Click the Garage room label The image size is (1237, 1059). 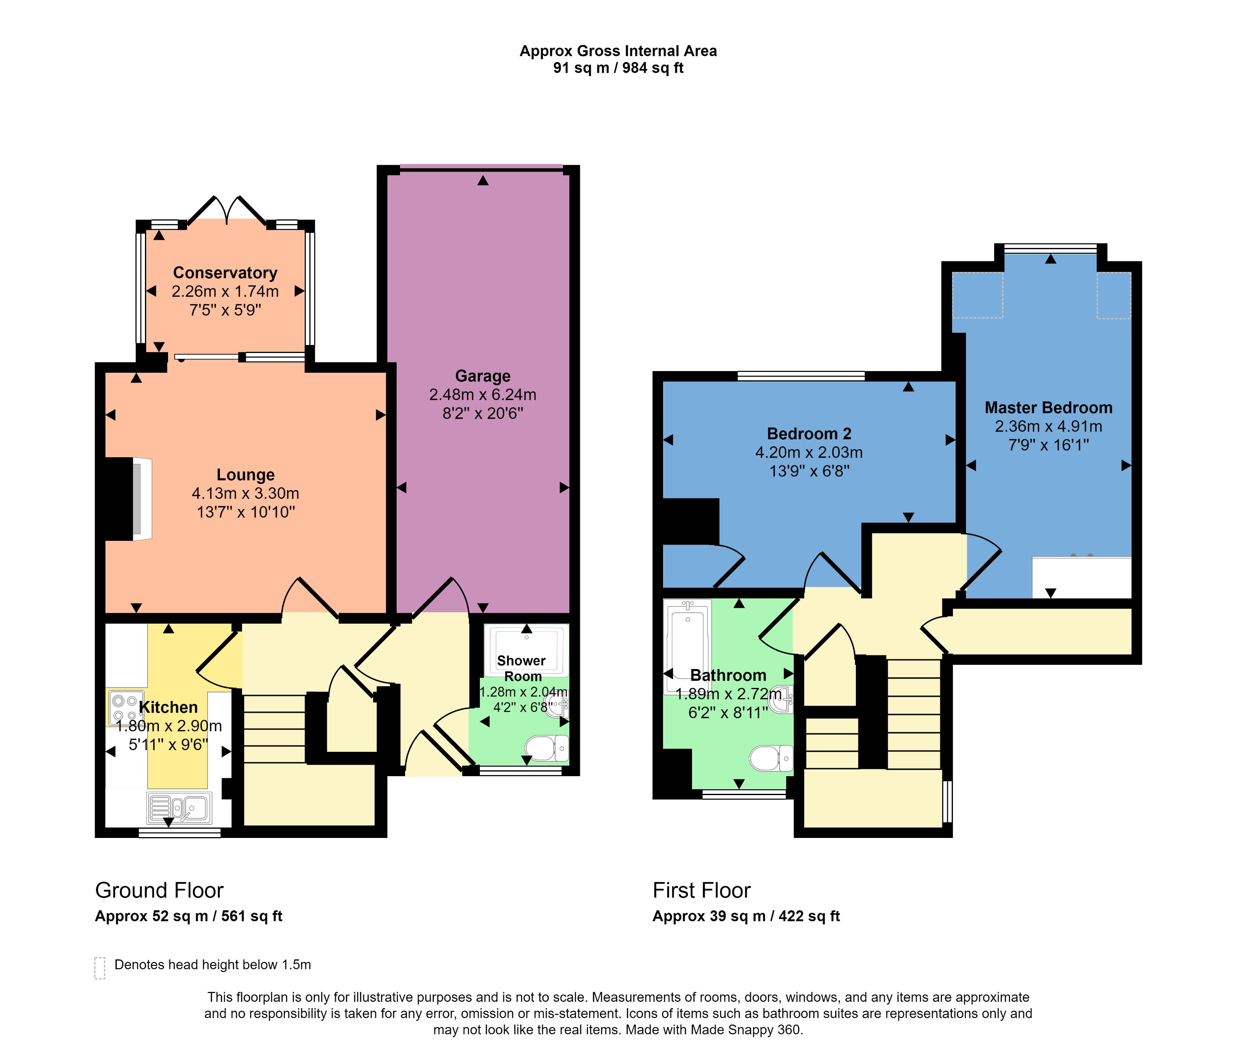tap(482, 376)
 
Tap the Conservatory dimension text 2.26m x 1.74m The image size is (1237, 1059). tap(225, 291)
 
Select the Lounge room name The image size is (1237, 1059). tap(245, 474)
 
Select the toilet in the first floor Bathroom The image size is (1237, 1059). tap(771, 758)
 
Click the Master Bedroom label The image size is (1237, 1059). tap(1048, 408)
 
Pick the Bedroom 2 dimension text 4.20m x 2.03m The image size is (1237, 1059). tap(809, 453)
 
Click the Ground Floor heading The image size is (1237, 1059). tap(159, 890)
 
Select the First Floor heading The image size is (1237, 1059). tap(701, 890)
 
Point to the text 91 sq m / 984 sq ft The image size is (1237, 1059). tap(618, 68)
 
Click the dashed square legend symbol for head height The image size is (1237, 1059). tap(100, 968)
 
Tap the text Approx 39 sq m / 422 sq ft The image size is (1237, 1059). tap(746, 916)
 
